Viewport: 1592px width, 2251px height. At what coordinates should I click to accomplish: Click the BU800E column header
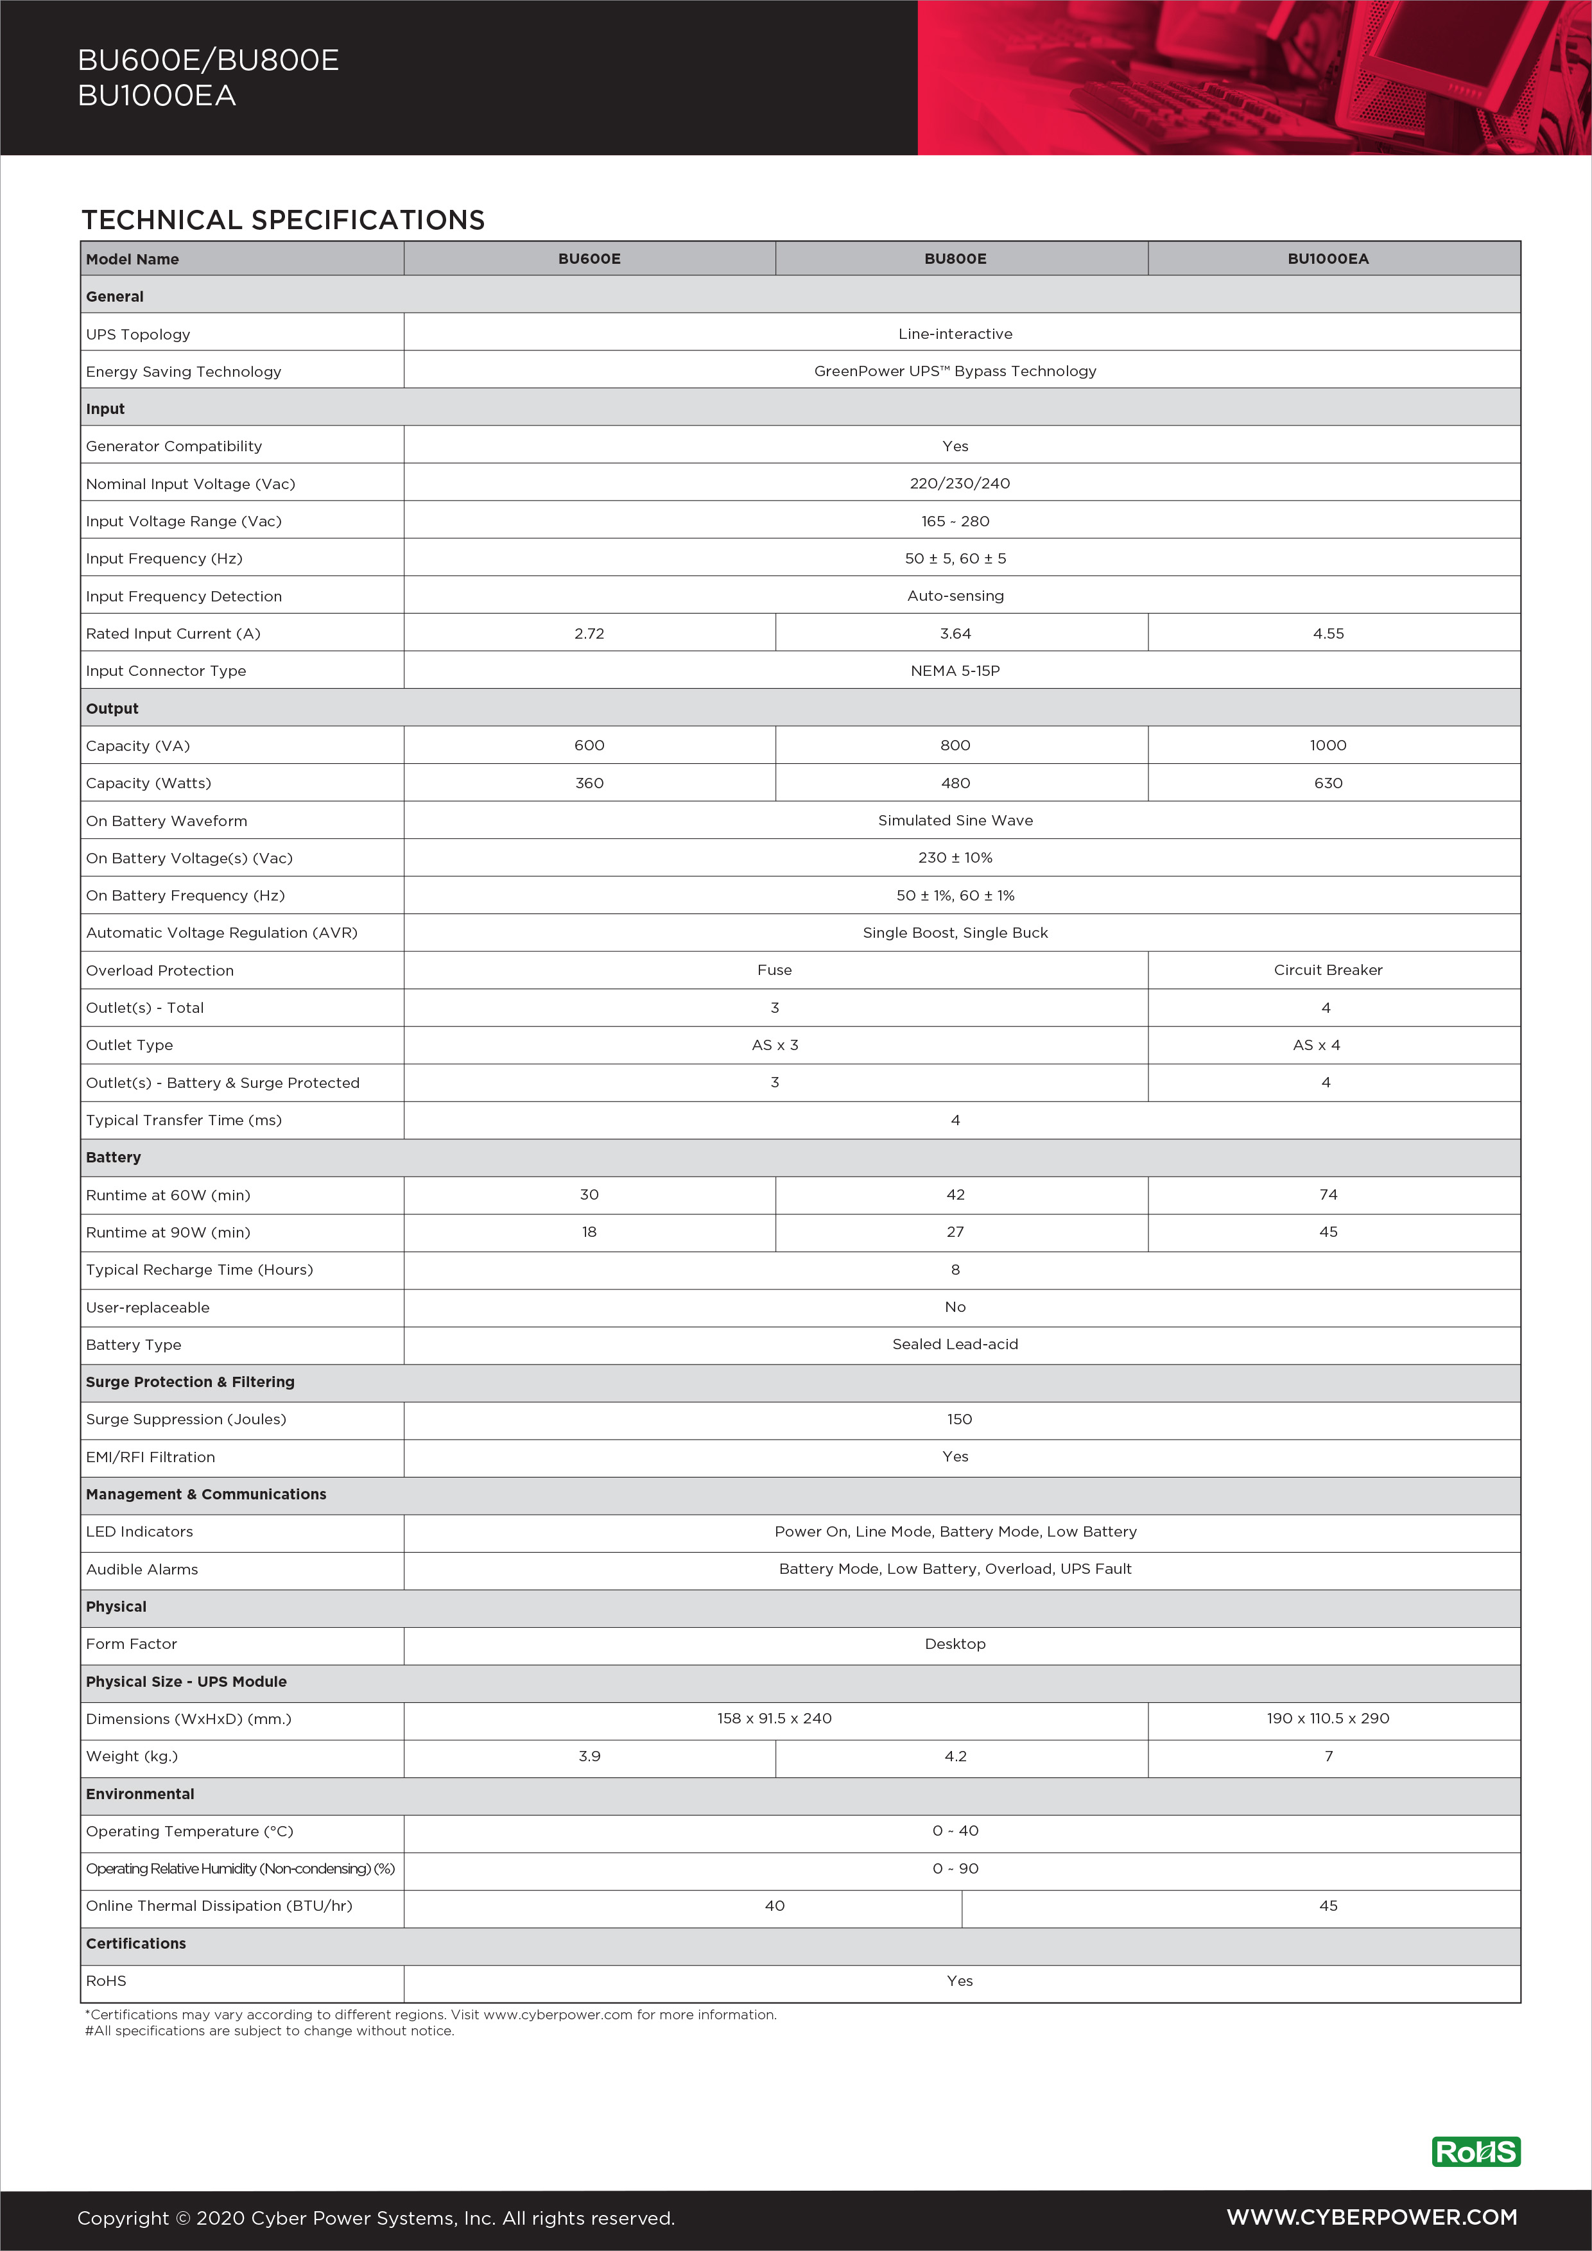955,259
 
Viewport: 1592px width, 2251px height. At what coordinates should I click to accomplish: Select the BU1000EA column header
1328,259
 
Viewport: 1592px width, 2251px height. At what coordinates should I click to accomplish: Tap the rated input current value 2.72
589,634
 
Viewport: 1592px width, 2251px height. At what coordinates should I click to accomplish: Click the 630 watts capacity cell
1328,783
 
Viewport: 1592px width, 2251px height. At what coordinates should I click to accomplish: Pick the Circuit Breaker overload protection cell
1328,970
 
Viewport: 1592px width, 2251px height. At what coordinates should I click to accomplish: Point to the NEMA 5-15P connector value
955,671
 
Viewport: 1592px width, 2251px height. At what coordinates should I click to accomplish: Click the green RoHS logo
1475,2152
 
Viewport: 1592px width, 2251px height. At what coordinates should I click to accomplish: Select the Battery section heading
114,1157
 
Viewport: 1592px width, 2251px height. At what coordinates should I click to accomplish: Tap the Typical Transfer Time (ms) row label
184,1119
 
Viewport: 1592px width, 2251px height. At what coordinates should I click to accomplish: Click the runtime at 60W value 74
1328,1194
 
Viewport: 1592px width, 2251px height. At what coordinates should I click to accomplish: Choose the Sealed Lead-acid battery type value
955,1344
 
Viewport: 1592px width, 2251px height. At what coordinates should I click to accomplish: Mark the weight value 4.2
955,1756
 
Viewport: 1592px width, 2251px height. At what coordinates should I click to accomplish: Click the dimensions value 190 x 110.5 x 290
1328,1719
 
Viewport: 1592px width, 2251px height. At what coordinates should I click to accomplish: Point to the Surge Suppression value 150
958,1419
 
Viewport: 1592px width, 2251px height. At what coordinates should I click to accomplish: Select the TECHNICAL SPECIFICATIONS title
283,220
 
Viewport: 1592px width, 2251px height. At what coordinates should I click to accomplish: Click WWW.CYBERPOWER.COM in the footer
1371,2218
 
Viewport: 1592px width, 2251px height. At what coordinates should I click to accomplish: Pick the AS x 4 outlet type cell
1315,1045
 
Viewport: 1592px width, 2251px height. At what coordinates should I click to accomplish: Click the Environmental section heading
140,1793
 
